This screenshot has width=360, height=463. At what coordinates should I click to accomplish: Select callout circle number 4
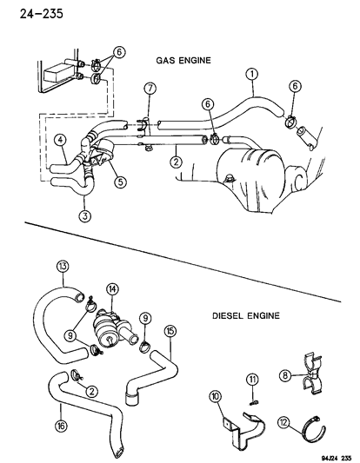[x=59, y=140]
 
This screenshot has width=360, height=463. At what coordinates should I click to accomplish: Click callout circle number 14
[x=114, y=289]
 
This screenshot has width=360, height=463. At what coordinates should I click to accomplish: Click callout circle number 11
[x=252, y=379]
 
